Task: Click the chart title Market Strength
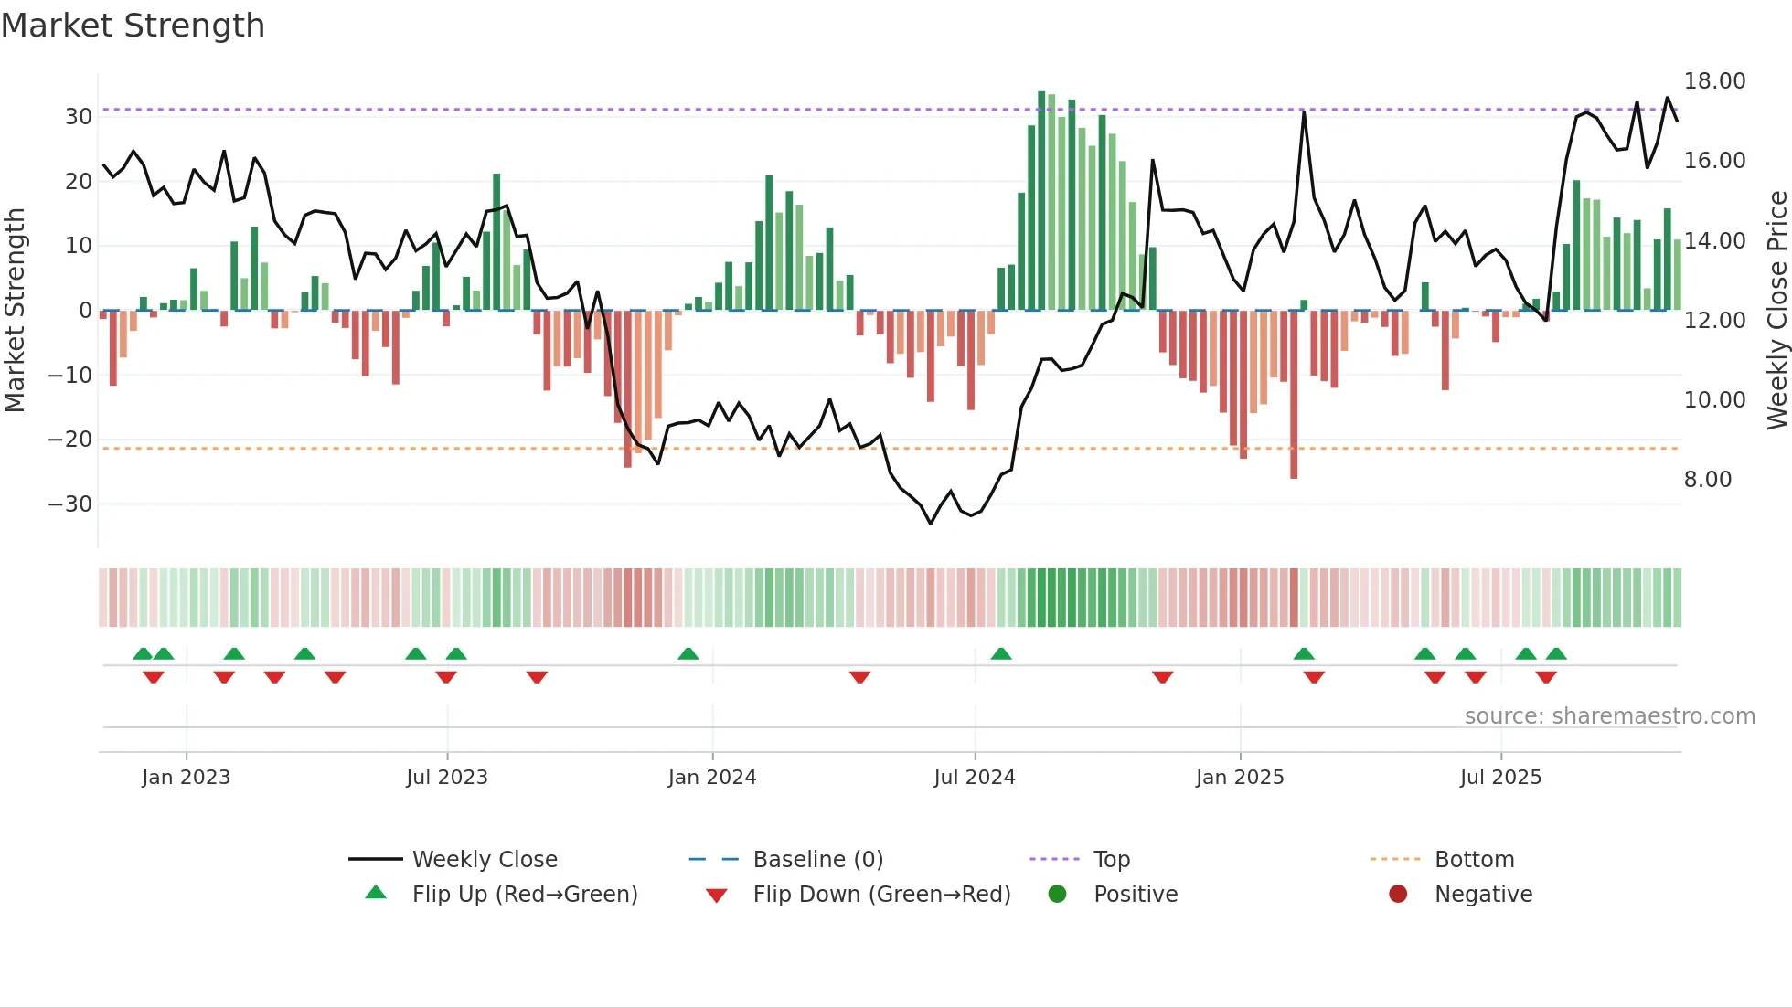133,26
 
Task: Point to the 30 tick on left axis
79,117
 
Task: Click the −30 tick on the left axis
70,504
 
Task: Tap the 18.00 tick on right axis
1714,81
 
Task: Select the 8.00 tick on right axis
1707,480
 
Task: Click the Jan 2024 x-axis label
711,778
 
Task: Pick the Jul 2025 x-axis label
1499,778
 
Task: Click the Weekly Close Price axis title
1776,311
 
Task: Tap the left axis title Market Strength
15,311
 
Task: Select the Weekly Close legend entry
484,860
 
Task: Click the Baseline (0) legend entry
817,860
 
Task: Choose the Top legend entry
1111,860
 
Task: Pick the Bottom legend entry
1474,860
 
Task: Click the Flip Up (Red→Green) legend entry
524,895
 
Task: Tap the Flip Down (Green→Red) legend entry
881,895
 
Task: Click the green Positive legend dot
1057,895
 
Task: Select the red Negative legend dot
1397,895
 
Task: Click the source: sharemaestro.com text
1609,716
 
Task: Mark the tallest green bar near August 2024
1041,201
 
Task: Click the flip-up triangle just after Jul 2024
1001,653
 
